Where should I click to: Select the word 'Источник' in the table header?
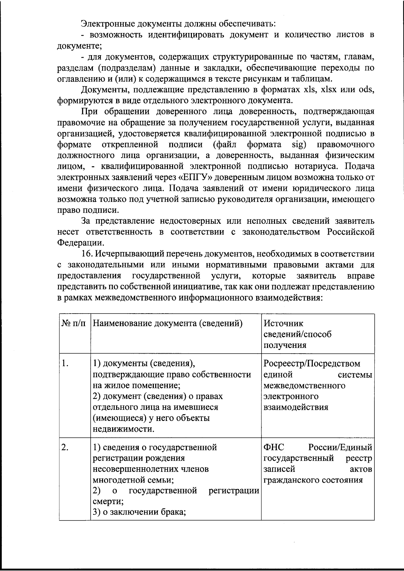283,323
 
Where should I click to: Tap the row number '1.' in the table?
66,364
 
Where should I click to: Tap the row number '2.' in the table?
66,447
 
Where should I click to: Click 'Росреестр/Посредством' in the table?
312,364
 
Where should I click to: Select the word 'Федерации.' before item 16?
80,243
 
